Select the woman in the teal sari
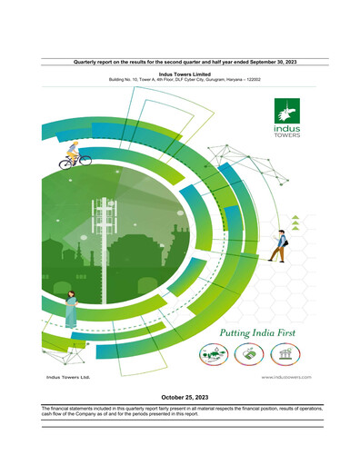click(x=69, y=310)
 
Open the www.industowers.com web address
click(x=286, y=376)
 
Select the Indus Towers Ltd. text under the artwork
click(x=68, y=376)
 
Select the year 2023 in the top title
click(x=290, y=61)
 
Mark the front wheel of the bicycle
click(x=85, y=161)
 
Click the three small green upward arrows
click(x=295, y=216)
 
